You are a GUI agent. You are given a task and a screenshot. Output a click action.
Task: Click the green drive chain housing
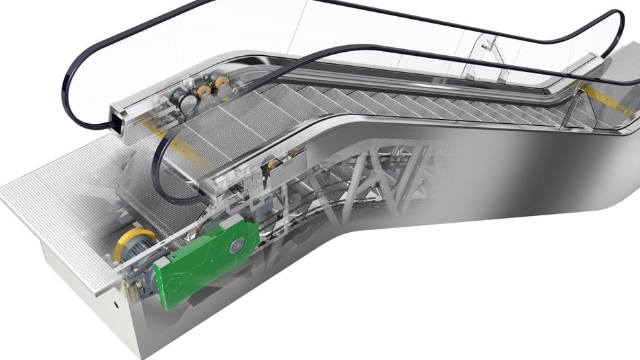click(202, 259)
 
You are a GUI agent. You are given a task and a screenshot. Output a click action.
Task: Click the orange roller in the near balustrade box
click(273, 166)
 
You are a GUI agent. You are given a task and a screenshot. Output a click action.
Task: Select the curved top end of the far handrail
click(616, 27)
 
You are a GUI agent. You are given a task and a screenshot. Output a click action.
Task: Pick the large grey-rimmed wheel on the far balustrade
click(188, 102)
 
